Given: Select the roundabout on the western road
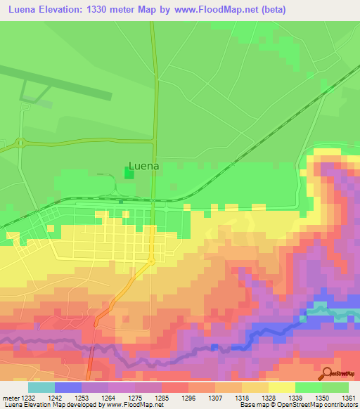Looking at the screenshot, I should tap(21, 143).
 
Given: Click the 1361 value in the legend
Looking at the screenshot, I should tap(347, 398).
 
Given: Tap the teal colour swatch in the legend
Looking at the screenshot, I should tap(41, 387).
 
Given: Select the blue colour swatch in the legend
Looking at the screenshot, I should tap(68, 387).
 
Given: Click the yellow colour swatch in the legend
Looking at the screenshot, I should tap(282, 387).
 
